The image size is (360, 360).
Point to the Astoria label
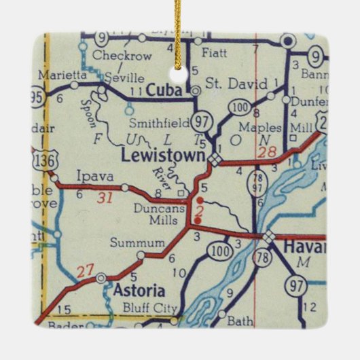pos(140,291)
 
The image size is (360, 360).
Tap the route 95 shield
pos(37,96)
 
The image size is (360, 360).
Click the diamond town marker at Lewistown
pos(215,159)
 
